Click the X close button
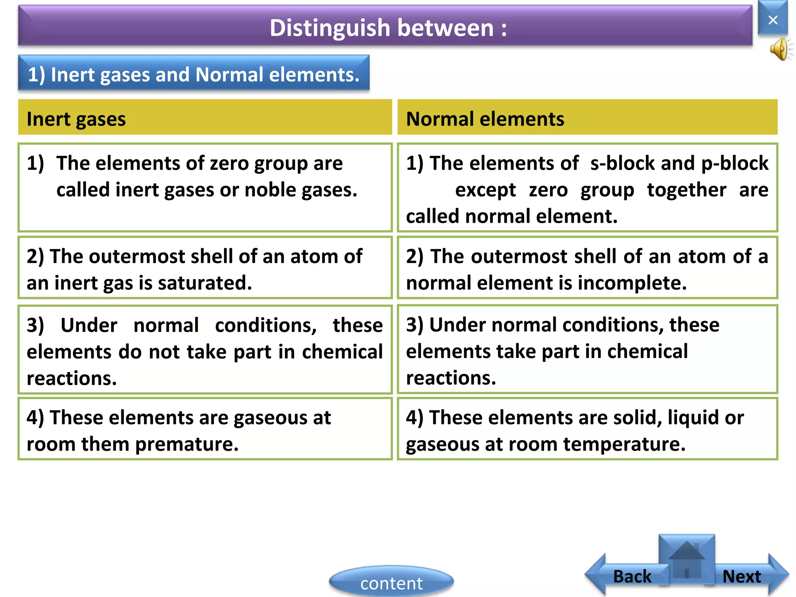pos(773,19)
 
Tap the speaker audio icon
pos(780,50)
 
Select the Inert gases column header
pos(76,119)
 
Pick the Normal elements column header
pos(485,119)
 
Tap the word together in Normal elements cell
pos(686,190)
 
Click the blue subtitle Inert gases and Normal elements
pos(194,74)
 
